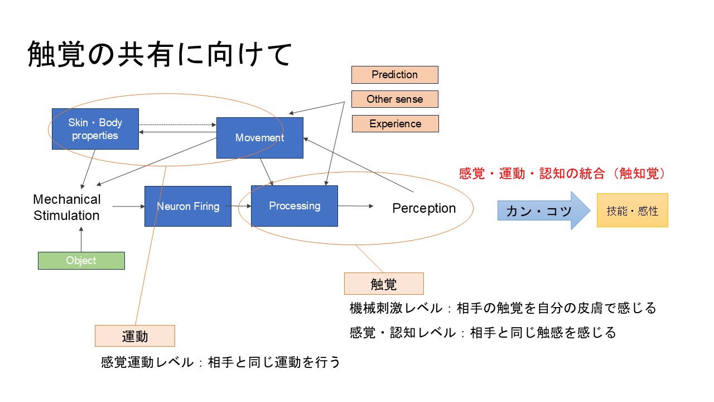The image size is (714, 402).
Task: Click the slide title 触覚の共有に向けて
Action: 160,55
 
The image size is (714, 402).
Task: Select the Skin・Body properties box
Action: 95,129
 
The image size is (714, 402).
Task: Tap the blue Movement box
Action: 259,138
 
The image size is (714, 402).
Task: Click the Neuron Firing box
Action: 187,206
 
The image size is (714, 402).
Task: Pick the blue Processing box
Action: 295,206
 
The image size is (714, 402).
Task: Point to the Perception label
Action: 424,208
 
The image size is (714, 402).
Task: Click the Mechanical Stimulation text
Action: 66,207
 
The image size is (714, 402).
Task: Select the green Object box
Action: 81,261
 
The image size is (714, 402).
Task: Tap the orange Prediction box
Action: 394,75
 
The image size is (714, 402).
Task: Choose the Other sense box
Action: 394,99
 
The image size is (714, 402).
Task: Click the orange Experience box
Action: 395,124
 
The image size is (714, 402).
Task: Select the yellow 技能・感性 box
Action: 632,210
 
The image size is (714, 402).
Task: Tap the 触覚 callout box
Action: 384,284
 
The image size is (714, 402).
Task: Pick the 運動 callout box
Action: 134,336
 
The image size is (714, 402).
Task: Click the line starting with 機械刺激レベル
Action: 503,308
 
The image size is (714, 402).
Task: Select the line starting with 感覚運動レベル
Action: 220,362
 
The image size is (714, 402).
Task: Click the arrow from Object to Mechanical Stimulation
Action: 81,241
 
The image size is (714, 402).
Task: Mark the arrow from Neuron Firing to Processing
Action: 241,206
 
